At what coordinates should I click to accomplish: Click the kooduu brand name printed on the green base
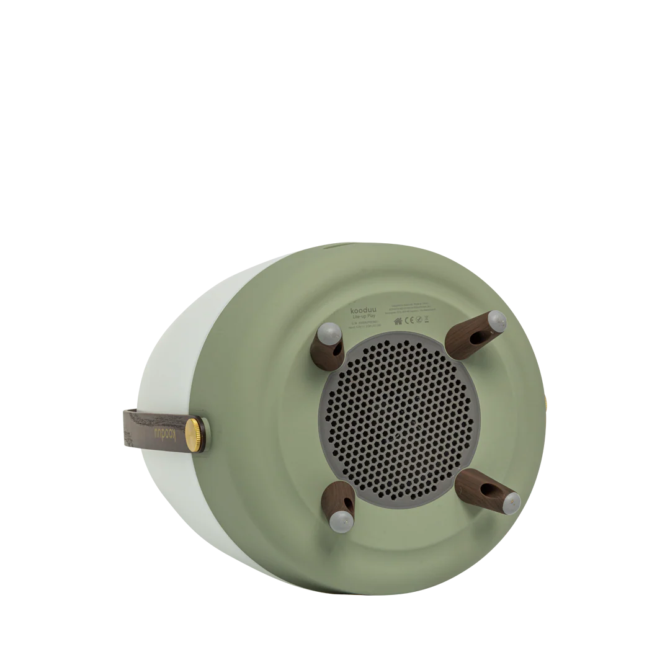[x=364, y=310]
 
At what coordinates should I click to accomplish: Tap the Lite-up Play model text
[x=364, y=316]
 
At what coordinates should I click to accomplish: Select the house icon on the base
[x=398, y=321]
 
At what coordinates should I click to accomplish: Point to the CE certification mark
[x=409, y=321]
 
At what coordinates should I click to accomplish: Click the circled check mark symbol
[x=419, y=320]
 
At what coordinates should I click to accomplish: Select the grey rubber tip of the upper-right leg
[x=497, y=321]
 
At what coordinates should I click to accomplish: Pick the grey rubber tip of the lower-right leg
[x=510, y=502]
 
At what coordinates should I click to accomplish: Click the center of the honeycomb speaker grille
[x=397, y=420]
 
